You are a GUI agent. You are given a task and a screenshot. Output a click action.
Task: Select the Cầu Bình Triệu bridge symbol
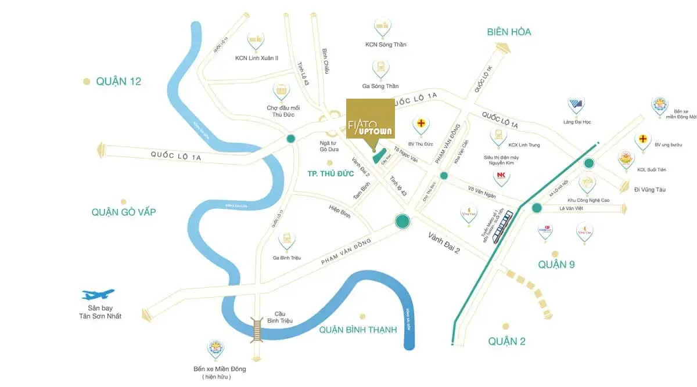(x=256, y=329)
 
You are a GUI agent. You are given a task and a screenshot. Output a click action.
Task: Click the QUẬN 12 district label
(x=118, y=82)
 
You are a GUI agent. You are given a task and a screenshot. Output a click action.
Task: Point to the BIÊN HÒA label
(x=509, y=32)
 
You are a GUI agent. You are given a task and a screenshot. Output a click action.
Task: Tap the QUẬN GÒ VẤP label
(x=123, y=212)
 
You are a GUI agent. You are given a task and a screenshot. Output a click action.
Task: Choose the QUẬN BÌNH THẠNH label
(x=358, y=330)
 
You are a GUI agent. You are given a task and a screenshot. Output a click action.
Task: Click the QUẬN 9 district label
(x=556, y=265)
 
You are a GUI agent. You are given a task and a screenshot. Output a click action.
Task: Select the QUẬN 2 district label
(x=506, y=341)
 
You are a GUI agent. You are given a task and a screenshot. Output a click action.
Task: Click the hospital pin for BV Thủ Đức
(x=421, y=125)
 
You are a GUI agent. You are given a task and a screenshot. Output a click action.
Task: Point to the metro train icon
(x=504, y=227)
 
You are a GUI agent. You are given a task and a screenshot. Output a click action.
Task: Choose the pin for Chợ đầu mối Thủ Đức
(x=282, y=91)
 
